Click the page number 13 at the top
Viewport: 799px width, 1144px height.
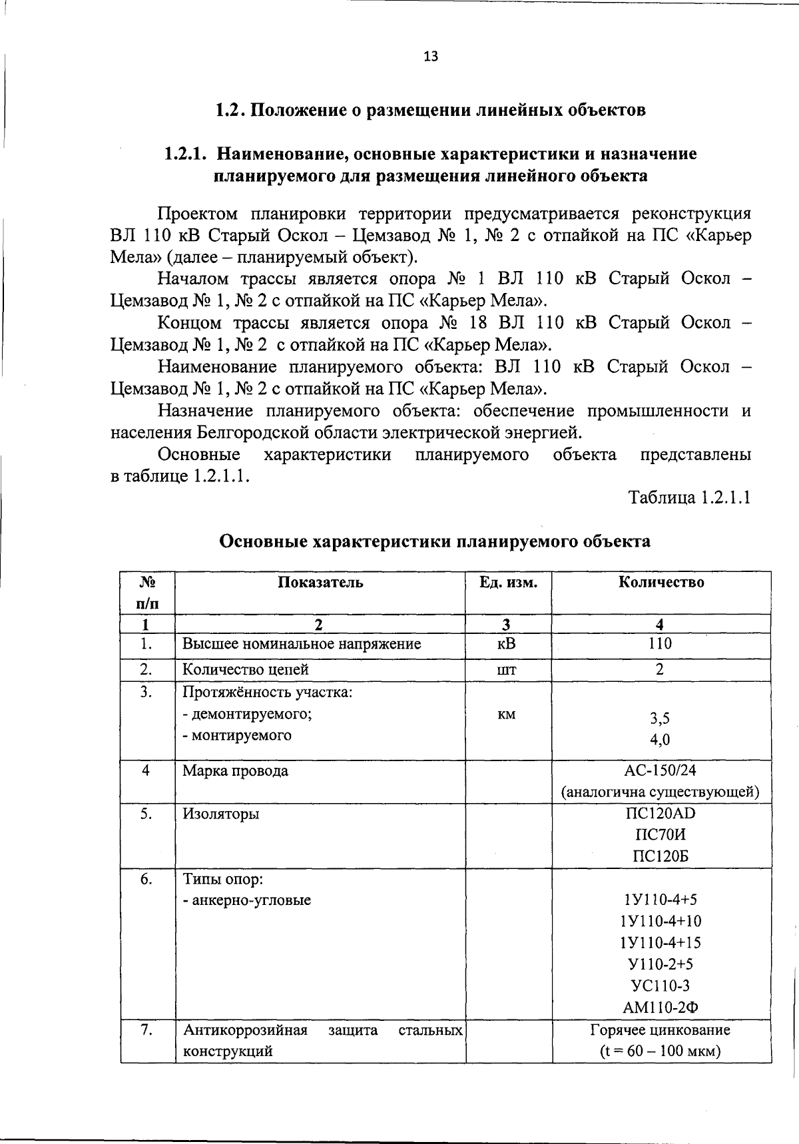(x=431, y=57)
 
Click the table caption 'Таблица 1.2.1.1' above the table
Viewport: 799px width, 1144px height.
(x=690, y=497)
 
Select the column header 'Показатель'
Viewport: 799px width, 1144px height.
(x=320, y=582)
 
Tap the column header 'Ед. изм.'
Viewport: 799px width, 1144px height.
(x=508, y=582)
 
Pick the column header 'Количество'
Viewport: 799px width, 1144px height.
(x=661, y=582)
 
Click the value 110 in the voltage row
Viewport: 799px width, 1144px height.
(x=659, y=643)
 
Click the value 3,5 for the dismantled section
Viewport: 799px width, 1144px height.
(x=659, y=718)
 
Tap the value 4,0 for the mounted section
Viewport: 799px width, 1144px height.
(x=659, y=740)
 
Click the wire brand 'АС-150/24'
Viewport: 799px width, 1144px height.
(x=659, y=771)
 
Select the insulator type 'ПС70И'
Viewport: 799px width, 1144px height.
(x=659, y=835)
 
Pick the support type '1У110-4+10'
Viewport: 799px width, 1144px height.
(x=659, y=922)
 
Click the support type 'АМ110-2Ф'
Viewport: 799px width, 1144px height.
(x=659, y=1007)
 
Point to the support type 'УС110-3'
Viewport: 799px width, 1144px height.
(x=659, y=986)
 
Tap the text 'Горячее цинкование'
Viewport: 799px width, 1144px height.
(x=660, y=1030)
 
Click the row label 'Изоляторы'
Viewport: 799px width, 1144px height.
(x=221, y=814)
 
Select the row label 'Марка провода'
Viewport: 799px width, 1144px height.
(x=236, y=771)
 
